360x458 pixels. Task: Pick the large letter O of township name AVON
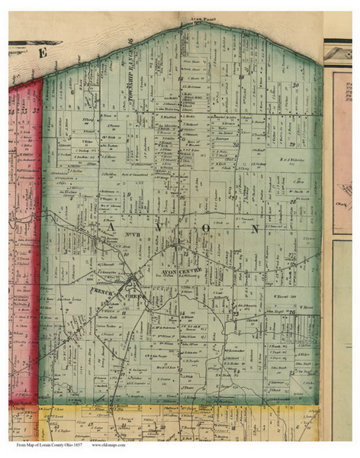[x=204, y=227]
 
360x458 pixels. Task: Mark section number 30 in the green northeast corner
[x=294, y=86]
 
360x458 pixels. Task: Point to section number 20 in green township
[x=243, y=76]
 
